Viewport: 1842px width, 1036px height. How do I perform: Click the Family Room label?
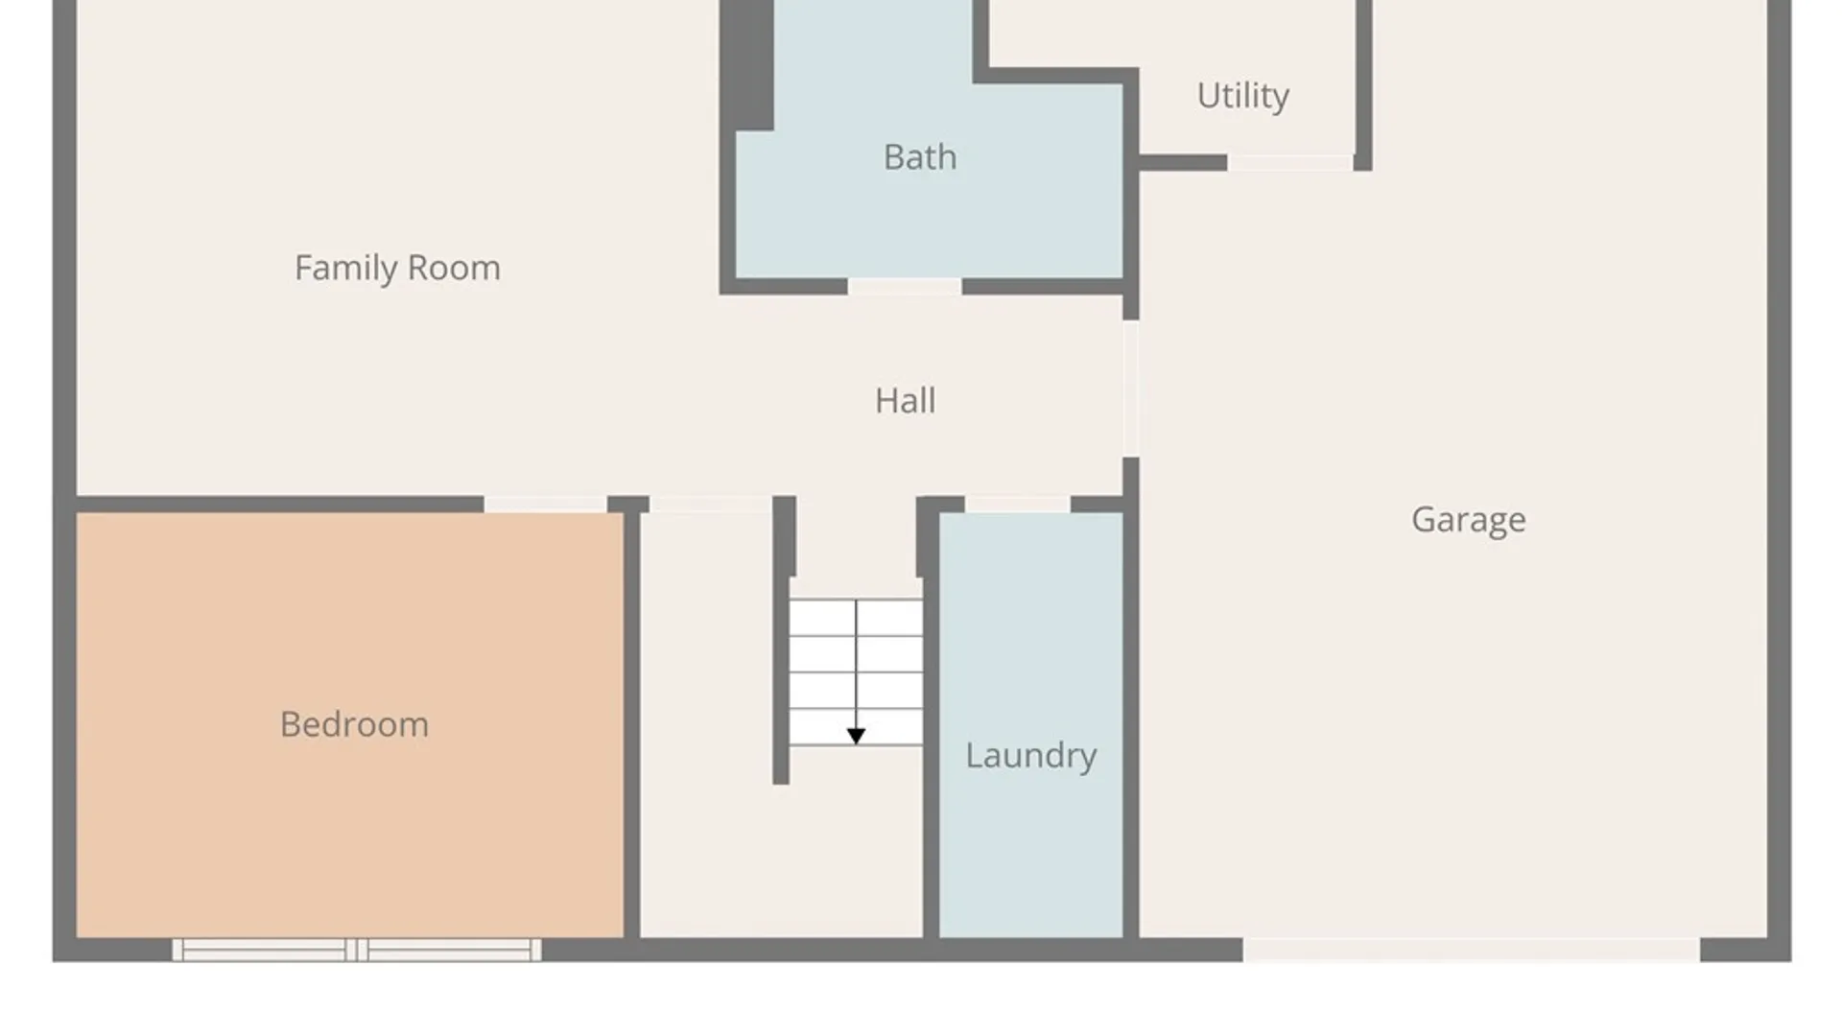click(397, 268)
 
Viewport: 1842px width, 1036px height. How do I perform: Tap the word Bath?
click(920, 156)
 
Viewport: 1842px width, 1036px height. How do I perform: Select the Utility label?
click(1242, 96)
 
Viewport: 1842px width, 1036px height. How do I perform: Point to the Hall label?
click(905, 400)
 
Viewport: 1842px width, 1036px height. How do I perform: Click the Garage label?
click(1468, 520)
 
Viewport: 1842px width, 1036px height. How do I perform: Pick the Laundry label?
click(1030, 756)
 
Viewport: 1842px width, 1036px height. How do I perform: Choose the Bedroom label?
click(354, 724)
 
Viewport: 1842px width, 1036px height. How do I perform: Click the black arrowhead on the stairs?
click(856, 736)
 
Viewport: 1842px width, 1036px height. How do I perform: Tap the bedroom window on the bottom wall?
click(357, 950)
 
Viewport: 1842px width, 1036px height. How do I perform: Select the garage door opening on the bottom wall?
click(1472, 950)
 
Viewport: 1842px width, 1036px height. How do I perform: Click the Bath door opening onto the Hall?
click(905, 286)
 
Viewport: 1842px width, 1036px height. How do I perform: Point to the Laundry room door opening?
click(1017, 505)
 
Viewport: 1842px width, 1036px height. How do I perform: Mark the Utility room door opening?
click(1290, 163)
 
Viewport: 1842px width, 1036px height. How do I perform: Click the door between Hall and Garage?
click(1131, 388)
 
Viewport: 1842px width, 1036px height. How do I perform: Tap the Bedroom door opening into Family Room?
click(545, 505)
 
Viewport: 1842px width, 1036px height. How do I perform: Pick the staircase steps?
click(856, 672)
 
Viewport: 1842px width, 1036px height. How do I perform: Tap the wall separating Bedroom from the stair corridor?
click(632, 725)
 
